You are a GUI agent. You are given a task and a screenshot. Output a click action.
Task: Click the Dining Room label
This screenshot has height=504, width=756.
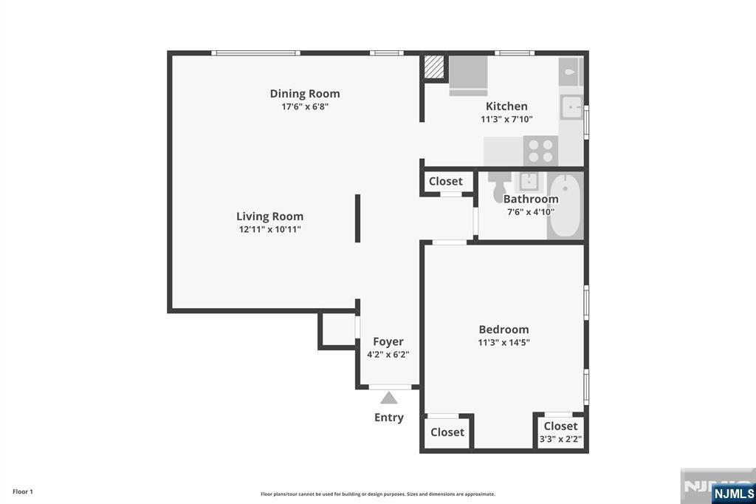point(305,94)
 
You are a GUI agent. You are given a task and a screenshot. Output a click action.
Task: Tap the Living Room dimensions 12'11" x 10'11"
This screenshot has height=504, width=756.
point(270,229)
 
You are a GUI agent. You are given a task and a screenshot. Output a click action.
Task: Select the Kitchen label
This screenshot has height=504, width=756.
point(506,106)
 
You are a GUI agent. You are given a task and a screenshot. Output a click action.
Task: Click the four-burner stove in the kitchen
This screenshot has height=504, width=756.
point(540,151)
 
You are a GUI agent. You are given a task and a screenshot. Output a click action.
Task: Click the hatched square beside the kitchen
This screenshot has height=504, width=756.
point(433,67)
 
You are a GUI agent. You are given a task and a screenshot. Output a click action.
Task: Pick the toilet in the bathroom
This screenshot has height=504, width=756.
point(500,186)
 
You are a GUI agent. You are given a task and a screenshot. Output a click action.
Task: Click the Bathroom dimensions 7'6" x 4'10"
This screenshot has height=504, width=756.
point(530,212)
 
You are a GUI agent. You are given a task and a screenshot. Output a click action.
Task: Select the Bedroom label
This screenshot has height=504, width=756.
point(504,330)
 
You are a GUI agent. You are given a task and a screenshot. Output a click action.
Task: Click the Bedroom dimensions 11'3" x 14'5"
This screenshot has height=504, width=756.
point(504,343)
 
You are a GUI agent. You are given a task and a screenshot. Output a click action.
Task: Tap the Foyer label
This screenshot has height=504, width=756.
point(388,342)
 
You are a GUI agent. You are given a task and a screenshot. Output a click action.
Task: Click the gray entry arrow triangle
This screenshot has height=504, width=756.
point(388,398)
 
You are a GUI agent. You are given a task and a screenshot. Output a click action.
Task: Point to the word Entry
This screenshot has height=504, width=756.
point(388,418)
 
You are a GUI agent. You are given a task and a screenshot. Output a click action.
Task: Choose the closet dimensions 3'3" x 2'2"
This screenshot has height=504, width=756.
point(561,439)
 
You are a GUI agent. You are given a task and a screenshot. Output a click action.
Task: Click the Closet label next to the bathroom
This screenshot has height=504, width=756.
point(445,182)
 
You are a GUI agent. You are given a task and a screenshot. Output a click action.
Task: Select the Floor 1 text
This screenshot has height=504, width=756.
point(23,491)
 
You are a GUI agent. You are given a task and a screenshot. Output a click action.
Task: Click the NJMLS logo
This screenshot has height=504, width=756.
point(733,494)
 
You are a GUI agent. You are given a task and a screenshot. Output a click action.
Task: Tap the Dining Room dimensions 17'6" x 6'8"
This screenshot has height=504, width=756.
point(305,106)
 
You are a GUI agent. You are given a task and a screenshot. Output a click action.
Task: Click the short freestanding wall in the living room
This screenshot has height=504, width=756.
point(358,218)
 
